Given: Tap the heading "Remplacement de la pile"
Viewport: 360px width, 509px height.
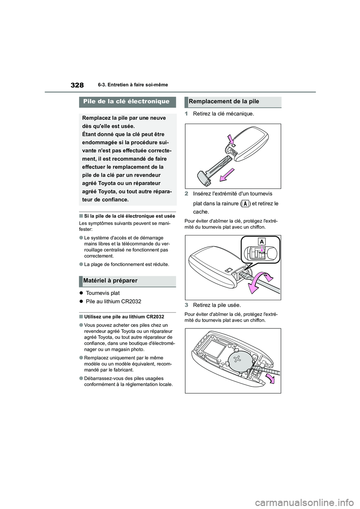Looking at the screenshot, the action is pyautogui.click(x=224, y=101).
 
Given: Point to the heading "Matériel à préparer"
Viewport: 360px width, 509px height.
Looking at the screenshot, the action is pyautogui.click(x=110, y=281).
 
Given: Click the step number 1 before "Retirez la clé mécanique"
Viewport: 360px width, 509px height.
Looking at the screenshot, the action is pyautogui.click(x=186, y=114).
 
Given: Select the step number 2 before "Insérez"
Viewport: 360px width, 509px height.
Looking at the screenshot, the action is pyautogui.click(x=186, y=194).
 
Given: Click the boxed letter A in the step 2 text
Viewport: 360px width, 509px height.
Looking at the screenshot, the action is pyautogui.click(x=245, y=204).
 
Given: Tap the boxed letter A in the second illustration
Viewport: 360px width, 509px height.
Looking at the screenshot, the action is pyautogui.click(x=262, y=241).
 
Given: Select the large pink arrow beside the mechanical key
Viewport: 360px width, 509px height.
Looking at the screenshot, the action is pyautogui.click(x=228, y=175).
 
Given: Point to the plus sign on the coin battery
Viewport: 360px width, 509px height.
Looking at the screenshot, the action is pyautogui.click(x=237, y=359).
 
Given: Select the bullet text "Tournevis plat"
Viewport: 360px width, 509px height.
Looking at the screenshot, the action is pyautogui.click(x=103, y=293).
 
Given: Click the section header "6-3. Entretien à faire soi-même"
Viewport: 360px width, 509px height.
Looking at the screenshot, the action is pyautogui.click(x=133, y=85).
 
